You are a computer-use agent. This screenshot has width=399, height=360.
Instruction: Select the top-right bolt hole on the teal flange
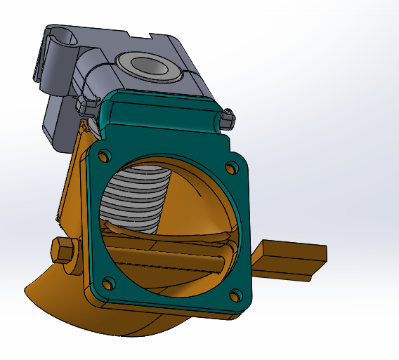pyautogui.click(x=231, y=168)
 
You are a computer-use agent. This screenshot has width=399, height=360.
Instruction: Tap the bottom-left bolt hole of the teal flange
pyautogui.click(x=107, y=284)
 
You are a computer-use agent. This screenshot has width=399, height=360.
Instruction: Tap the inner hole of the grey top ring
pyautogui.click(x=150, y=67)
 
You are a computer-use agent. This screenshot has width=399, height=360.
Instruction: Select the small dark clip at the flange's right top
pyautogui.click(x=226, y=119)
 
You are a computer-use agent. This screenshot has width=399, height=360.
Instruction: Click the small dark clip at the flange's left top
pyautogui.click(x=89, y=107)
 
